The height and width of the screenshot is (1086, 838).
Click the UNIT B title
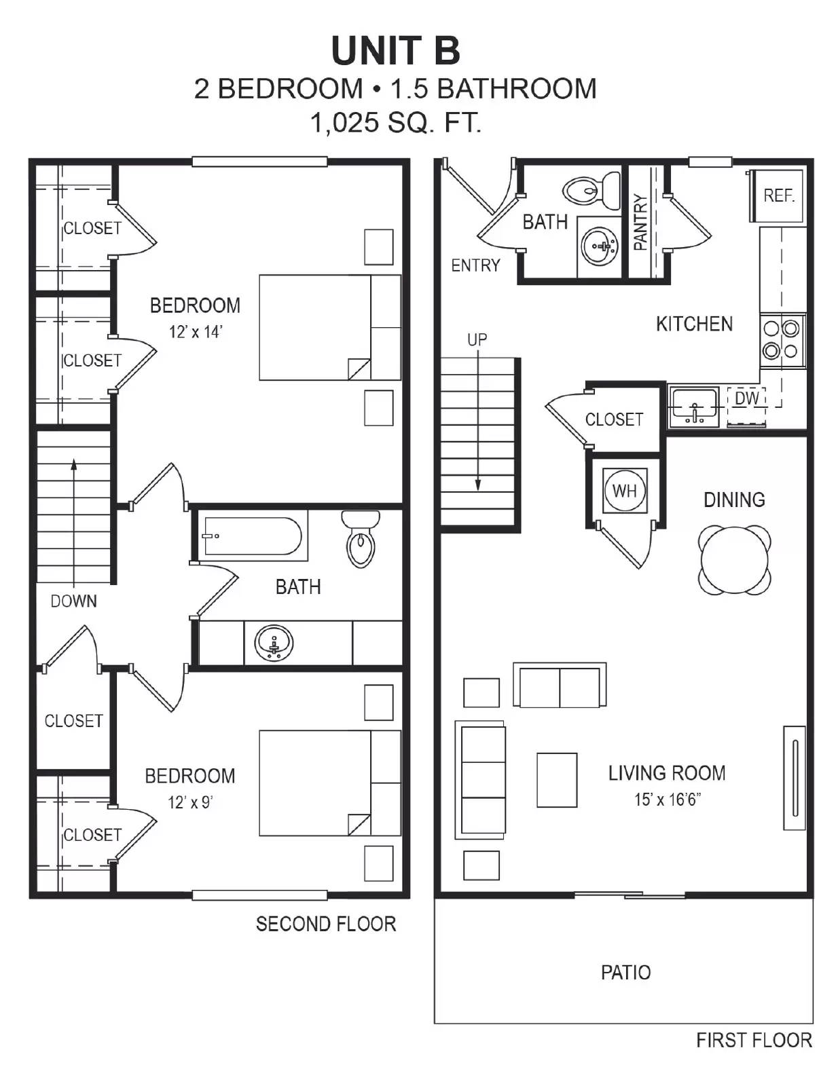(x=395, y=51)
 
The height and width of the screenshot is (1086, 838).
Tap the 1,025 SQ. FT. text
(x=395, y=123)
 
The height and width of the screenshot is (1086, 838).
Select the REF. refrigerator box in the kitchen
(x=778, y=195)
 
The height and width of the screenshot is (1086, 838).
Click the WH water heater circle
(x=624, y=491)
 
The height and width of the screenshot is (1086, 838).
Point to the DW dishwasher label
(x=746, y=398)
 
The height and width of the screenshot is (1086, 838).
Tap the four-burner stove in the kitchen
(x=781, y=340)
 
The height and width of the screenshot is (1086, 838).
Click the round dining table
(x=734, y=560)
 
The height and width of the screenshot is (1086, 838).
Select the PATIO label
(x=625, y=972)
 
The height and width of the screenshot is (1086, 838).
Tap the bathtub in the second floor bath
(x=252, y=536)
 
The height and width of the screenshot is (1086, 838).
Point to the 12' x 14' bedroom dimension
(x=196, y=332)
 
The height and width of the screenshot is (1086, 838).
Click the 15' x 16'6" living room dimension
(x=667, y=800)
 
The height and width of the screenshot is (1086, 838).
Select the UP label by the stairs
(x=477, y=339)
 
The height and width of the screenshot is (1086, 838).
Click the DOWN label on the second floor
(x=73, y=601)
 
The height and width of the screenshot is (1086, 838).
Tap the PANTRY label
(x=640, y=222)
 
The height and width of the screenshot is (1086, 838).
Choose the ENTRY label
(x=475, y=265)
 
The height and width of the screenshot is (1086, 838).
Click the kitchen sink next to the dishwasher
(x=693, y=407)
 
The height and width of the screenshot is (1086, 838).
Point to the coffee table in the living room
(x=557, y=780)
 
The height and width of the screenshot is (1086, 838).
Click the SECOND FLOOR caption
(x=325, y=924)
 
